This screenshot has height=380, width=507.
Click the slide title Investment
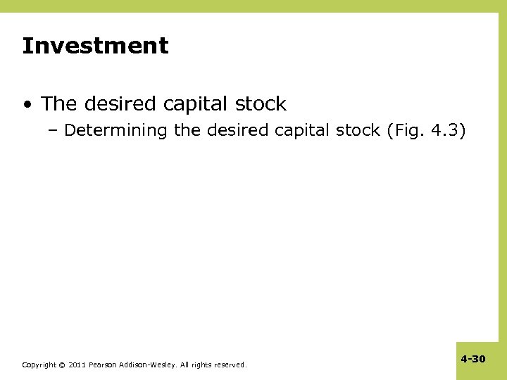tap(95, 46)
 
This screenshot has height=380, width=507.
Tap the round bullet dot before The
tap(26, 105)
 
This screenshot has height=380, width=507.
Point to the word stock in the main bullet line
tap(261, 104)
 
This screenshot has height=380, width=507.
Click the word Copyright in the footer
tap(39, 365)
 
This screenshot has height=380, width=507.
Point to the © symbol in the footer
tap(61, 365)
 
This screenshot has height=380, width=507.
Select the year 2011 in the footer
tap(77, 365)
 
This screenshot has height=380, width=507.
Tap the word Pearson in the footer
tap(103, 365)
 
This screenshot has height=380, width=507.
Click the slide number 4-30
tap(473, 359)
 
